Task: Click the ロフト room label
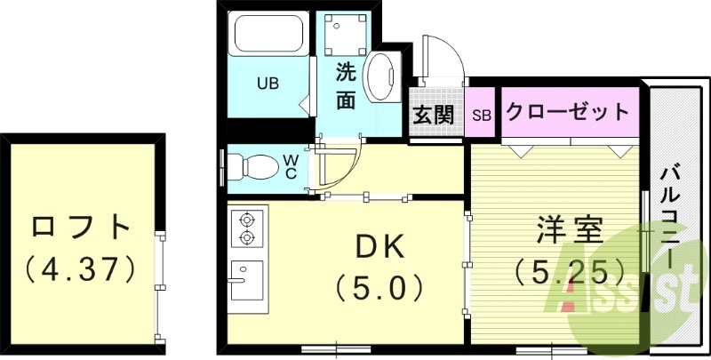80,227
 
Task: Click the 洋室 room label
569,229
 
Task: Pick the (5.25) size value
569,268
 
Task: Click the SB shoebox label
482,115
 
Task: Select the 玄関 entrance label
433,114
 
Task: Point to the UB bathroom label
268,84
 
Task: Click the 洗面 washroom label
347,87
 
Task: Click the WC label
291,166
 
